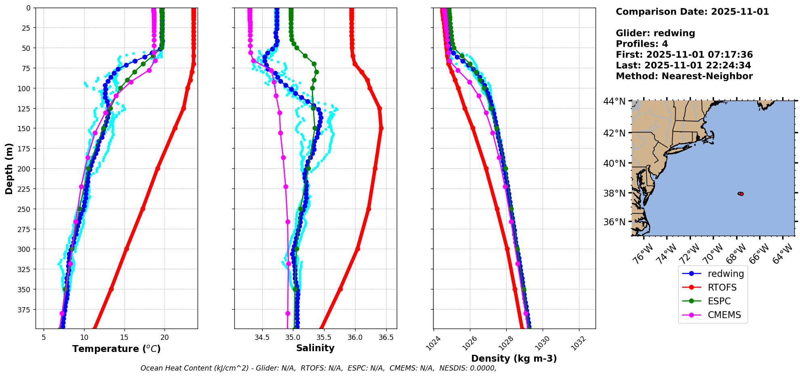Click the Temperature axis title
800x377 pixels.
(116, 349)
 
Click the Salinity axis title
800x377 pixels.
(315, 348)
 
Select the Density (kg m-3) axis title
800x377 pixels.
(514, 358)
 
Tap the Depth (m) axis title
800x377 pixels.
(9, 168)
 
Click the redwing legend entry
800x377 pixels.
(726, 274)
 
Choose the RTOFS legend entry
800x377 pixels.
(722, 287)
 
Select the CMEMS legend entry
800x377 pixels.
(724, 315)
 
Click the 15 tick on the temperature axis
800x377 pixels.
(124, 337)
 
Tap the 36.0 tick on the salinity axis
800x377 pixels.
(355, 337)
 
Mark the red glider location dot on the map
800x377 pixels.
(741, 194)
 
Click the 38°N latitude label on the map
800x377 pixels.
(615, 193)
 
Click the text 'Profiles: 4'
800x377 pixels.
(642, 44)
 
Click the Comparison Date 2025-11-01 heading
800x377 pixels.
(692, 12)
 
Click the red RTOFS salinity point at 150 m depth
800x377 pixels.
(381, 128)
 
